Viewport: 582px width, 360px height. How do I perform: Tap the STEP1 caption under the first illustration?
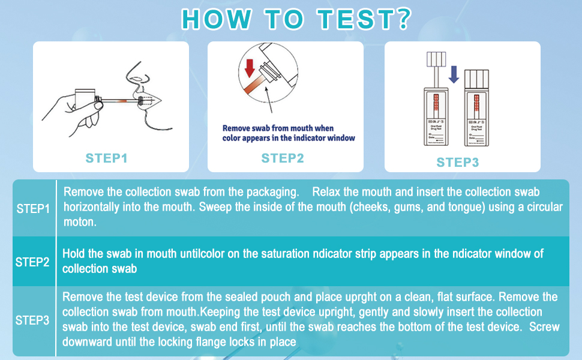tap(106, 158)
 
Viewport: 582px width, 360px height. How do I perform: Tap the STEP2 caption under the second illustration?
tap(283, 158)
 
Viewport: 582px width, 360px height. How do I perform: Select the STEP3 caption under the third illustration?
tap(457, 162)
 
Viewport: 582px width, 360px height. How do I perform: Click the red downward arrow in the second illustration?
tap(250, 67)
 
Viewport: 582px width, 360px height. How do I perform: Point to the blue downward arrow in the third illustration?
tap(454, 74)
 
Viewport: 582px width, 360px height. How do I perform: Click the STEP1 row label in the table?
tap(33, 209)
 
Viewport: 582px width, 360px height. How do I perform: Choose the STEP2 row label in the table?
tap(33, 262)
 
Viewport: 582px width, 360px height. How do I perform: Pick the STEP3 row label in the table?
tap(33, 320)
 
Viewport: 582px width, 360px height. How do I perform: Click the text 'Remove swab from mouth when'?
tap(278, 128)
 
